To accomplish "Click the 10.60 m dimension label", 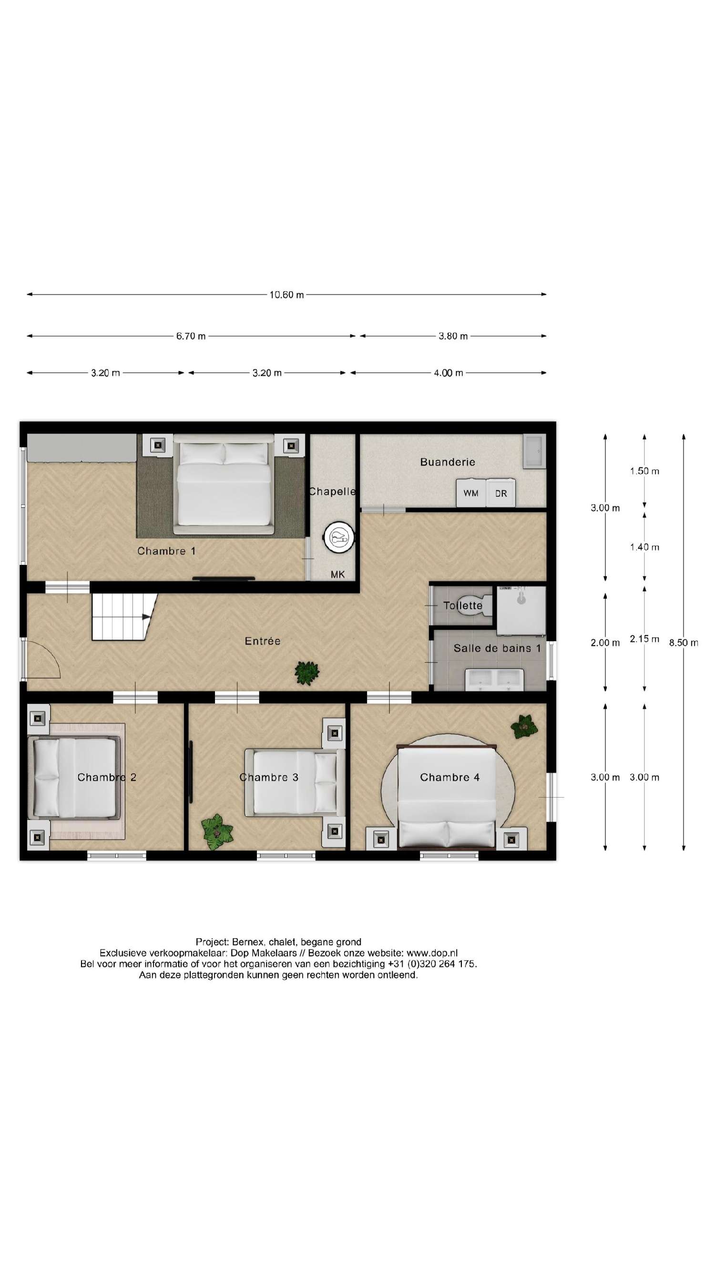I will (286, 295).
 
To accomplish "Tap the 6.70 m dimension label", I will (191, 336).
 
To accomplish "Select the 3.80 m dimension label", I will (453, 336).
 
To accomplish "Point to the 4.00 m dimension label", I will (448, 373).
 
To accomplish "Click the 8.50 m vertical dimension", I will (684, 642).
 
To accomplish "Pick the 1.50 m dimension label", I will (644, 471).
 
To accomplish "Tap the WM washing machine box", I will (471, 493).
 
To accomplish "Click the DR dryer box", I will (501, 493).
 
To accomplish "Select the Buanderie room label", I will (448, 462).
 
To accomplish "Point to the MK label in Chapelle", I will (337, 574).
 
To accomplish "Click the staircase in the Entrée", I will (121, 617).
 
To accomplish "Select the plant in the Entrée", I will (306, 673).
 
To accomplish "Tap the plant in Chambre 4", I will (524, 726).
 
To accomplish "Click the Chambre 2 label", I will (107, 777).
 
